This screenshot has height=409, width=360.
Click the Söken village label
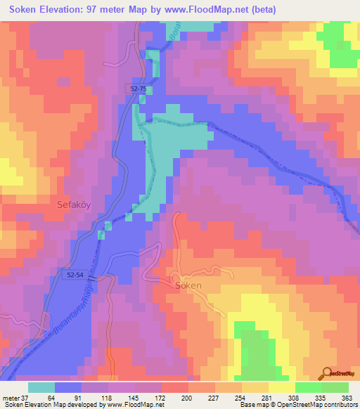188,286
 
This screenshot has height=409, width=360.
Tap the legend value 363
345,397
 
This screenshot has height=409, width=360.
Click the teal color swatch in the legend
41,387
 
